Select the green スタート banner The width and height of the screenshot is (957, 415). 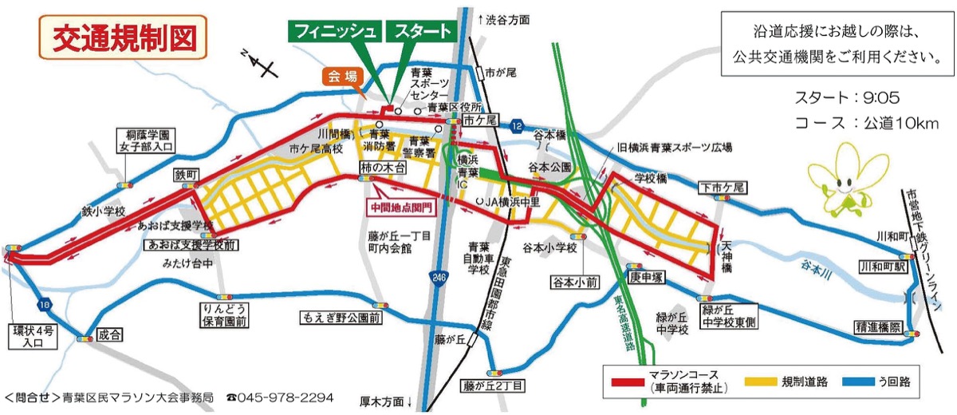click(420, 31)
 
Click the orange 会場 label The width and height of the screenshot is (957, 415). click(341, 76)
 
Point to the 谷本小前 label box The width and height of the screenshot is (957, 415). click(572, 282)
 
